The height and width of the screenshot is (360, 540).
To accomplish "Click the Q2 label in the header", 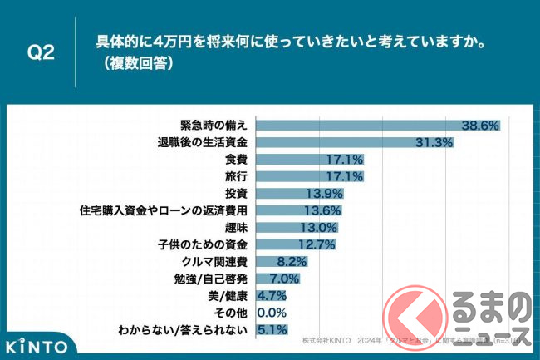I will [41, 51].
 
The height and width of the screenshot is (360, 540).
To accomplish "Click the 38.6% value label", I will [481, 125].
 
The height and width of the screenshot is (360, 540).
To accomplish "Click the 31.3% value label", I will [435, 142].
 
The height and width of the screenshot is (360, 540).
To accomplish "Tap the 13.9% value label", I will [325, 194].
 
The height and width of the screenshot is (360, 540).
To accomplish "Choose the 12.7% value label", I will [317, 245].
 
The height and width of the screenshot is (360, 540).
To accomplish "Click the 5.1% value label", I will [273, 330].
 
